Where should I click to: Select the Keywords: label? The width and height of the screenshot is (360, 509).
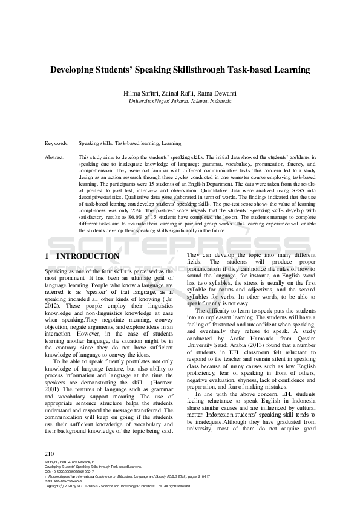[x=57, y=144]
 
